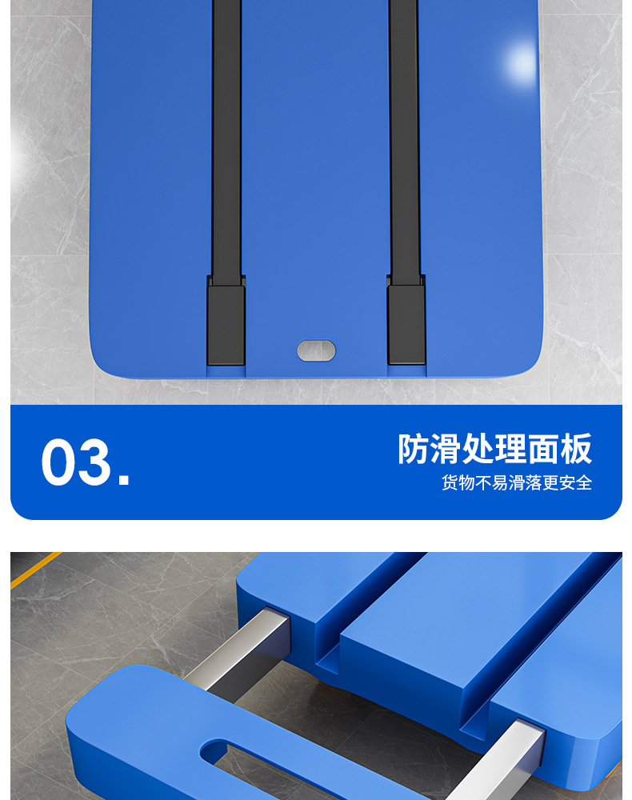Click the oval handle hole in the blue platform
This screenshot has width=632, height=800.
pos(316,350)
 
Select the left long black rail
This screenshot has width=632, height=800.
pos(226,136)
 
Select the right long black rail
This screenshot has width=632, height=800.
pos(404,136)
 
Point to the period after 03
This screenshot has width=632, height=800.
pos(123,480)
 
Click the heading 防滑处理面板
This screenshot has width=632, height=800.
pos(494,449)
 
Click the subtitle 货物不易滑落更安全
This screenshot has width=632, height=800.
pos(517,483)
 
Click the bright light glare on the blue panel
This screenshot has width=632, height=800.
pos(522,60)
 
